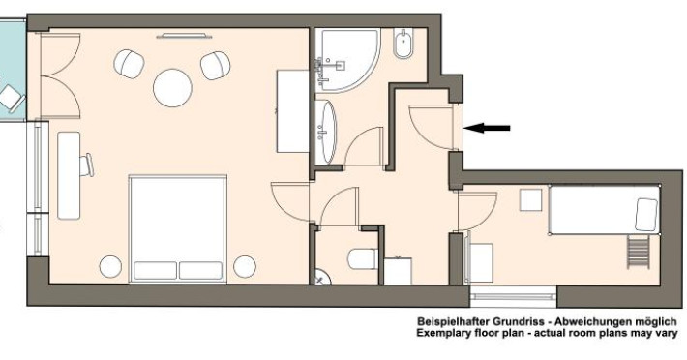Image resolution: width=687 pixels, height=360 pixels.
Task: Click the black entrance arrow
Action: click(487, 128)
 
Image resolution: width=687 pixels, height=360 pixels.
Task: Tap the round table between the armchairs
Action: click(172, 88)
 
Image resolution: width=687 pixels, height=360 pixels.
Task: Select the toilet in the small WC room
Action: click(363, 259)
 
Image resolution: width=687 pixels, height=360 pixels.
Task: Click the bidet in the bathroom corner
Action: click(403, 44)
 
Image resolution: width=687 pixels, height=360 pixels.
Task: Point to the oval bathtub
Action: click(325, 132)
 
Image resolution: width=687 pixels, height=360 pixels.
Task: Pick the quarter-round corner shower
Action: click(347, 60)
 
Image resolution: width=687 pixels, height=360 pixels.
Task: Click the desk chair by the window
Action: click(88, 165)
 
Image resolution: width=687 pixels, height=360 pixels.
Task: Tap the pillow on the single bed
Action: click(646, 215)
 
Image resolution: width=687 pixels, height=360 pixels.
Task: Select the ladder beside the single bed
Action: click(638, 252)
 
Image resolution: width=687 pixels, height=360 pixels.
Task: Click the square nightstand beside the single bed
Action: click(530, 199)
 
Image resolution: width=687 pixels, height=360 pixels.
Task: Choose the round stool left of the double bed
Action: click(110, 267)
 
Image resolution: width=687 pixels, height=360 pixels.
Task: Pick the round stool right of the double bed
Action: click(245, 267)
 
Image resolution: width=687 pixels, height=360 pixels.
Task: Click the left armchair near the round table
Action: click(130, 64)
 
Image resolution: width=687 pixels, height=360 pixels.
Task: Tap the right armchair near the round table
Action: click(215, 66)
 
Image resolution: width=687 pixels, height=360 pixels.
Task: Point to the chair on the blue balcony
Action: click(12, 99)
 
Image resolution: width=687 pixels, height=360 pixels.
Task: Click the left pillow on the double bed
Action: click(155, 271)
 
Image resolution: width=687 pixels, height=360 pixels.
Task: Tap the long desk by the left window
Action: click(69, 175)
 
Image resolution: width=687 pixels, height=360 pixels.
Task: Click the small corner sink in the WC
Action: click(322, 277)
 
